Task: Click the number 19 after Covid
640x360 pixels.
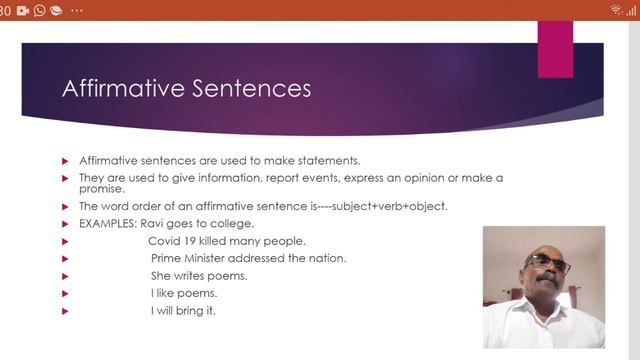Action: pos(192,241)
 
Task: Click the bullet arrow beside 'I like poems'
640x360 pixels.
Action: pos(66,294)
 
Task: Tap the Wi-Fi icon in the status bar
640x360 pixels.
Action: pos(616,9)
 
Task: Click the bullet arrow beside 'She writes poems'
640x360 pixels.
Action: pos(66,276)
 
